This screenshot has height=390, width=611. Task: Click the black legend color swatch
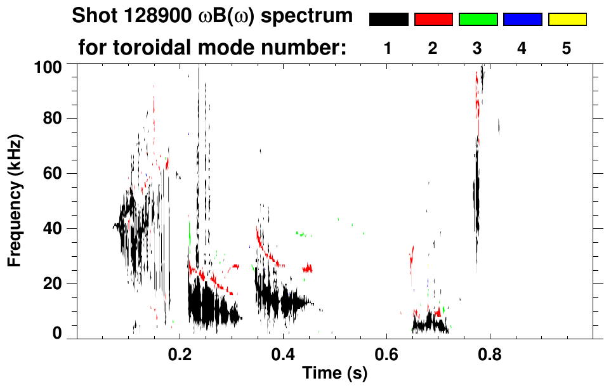(x=388, y=20)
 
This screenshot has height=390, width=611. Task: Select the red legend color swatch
(x=433, y=20)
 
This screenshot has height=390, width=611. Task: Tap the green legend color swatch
(x=478, y=20)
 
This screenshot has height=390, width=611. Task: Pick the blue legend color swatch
(x=522, y=20)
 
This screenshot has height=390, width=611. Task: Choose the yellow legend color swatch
(x=567, y=20)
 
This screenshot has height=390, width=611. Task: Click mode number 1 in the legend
(x=388, y=48)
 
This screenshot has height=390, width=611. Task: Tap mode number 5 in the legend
(x=567, y=48)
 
